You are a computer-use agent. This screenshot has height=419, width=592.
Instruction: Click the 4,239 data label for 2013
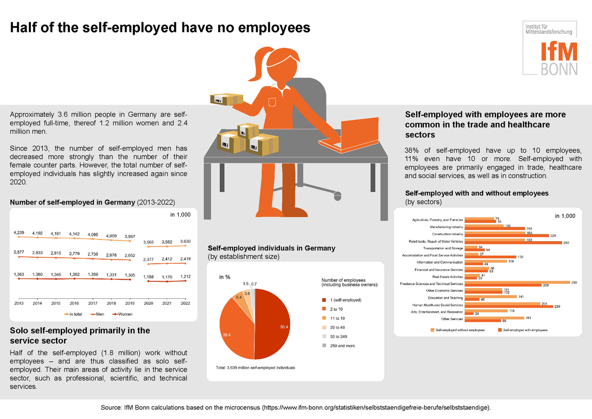click(19, 233)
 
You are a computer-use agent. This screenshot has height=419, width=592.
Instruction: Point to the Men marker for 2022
click(186, 263)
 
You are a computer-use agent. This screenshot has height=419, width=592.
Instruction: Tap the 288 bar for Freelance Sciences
click(517, 282)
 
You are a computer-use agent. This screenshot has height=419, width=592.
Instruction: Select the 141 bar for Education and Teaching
click(491, 296)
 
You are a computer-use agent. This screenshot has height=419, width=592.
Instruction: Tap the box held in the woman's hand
click(225, 97)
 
